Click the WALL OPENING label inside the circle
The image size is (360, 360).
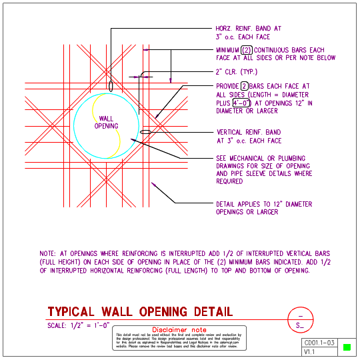click(106, 122)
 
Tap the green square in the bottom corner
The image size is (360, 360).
click(346, 347)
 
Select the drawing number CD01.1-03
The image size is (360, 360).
click(318, 342)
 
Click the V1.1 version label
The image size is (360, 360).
click(310, 351)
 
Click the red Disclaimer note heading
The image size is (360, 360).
click(180, 329)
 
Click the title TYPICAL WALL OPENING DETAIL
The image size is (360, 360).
click(140, 311)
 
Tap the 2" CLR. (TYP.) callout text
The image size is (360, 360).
click(237, 71)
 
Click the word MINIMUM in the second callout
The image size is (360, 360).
click(227, 50)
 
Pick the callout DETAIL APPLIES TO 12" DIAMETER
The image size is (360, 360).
click(263, 204)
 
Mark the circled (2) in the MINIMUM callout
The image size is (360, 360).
click(247, 50)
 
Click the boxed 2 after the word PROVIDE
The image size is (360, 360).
click(245, 86)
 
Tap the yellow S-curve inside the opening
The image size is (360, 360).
click(113, 133)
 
